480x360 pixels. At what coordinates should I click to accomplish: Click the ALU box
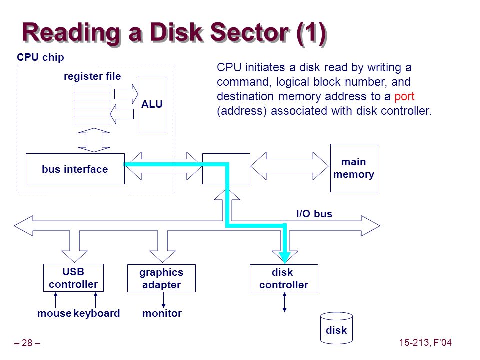152,104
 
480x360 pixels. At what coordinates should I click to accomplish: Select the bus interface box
75,169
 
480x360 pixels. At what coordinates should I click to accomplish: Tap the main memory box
354,168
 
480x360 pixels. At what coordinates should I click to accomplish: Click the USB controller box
74,278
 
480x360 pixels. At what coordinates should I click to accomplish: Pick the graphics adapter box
161,278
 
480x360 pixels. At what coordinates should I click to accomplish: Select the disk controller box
284,278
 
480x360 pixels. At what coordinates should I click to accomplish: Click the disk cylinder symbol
336,328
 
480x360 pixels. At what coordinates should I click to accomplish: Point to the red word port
404,96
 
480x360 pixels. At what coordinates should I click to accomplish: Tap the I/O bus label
314,213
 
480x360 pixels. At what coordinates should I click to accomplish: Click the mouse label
54,313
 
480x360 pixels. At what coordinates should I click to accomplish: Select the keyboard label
96,313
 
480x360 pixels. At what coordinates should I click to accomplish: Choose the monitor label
162,313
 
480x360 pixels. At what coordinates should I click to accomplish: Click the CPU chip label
40,57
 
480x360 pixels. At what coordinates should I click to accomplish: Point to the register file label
92,76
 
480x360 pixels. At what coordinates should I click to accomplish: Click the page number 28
27,343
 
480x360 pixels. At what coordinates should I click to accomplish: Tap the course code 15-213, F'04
425,342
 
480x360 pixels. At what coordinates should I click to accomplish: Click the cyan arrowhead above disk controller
285,258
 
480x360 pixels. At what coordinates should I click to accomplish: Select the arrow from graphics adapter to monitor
164,300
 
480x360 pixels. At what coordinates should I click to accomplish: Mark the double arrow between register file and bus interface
94,140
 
